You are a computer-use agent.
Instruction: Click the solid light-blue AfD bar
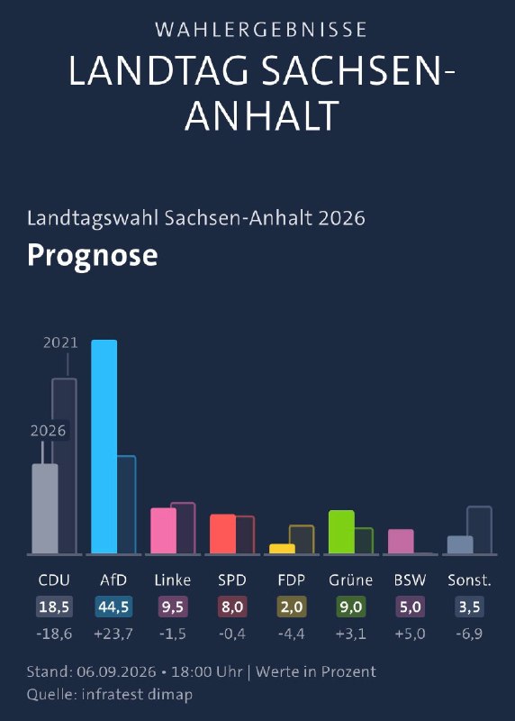(x=104, y=446)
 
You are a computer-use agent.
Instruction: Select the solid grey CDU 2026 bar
(x=45, y=508)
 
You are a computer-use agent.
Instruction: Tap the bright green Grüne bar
(x=341, y=532)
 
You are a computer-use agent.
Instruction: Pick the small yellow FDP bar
(x=282, y=549)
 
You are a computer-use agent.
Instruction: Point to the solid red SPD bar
(x=222, y=534)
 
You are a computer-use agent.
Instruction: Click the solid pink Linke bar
(x=164, y=531)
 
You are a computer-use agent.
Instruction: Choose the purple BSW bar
(x=401, y=542)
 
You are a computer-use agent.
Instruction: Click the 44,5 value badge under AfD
(x=113, y=607)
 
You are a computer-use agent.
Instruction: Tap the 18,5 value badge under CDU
(x=54, y=607)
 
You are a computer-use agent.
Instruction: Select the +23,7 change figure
(x=113, y=634)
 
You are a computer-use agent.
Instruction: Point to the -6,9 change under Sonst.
(x=469, y=634)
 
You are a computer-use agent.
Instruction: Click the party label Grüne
(x=350, y=580)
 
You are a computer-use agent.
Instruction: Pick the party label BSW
(x=410, y=580)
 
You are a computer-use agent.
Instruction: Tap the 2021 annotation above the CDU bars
(x=60, y=342)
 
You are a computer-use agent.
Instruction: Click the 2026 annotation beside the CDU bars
(x=49, y=431)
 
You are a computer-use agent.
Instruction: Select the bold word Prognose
(x=93, y=255)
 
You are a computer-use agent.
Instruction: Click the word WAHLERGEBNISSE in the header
(x=261, y=30)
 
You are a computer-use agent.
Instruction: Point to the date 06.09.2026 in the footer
(x=117, y=671)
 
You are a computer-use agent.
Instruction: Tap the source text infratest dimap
(x=137, y=694)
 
